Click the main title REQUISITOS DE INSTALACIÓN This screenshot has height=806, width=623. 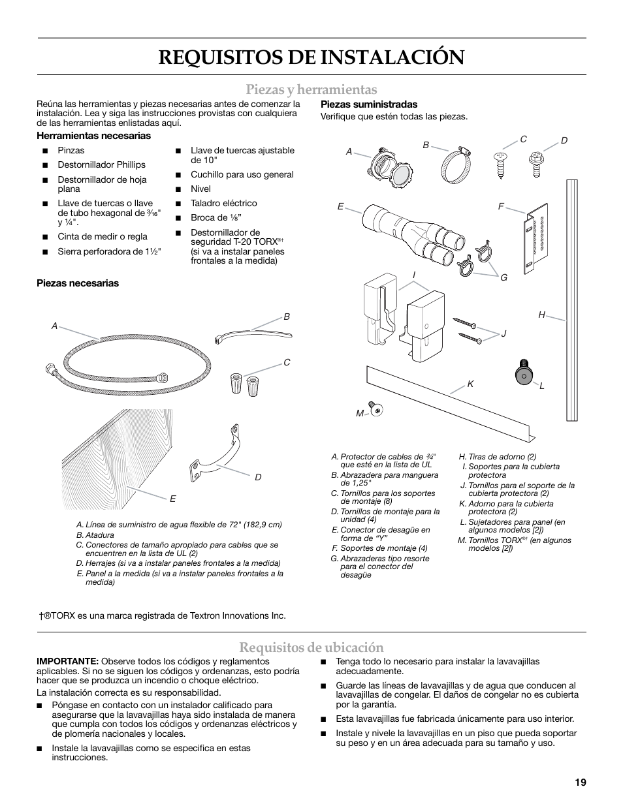pos(311,57)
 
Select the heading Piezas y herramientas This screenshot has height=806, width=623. pos(311,89)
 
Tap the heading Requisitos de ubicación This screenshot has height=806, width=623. pos(311,647)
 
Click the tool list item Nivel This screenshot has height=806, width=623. pos(200,189)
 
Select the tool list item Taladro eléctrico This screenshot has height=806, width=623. pos(223,203)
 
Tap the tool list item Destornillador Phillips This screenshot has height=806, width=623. pos(101,165)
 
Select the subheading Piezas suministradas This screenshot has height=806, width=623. pos(368,104)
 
